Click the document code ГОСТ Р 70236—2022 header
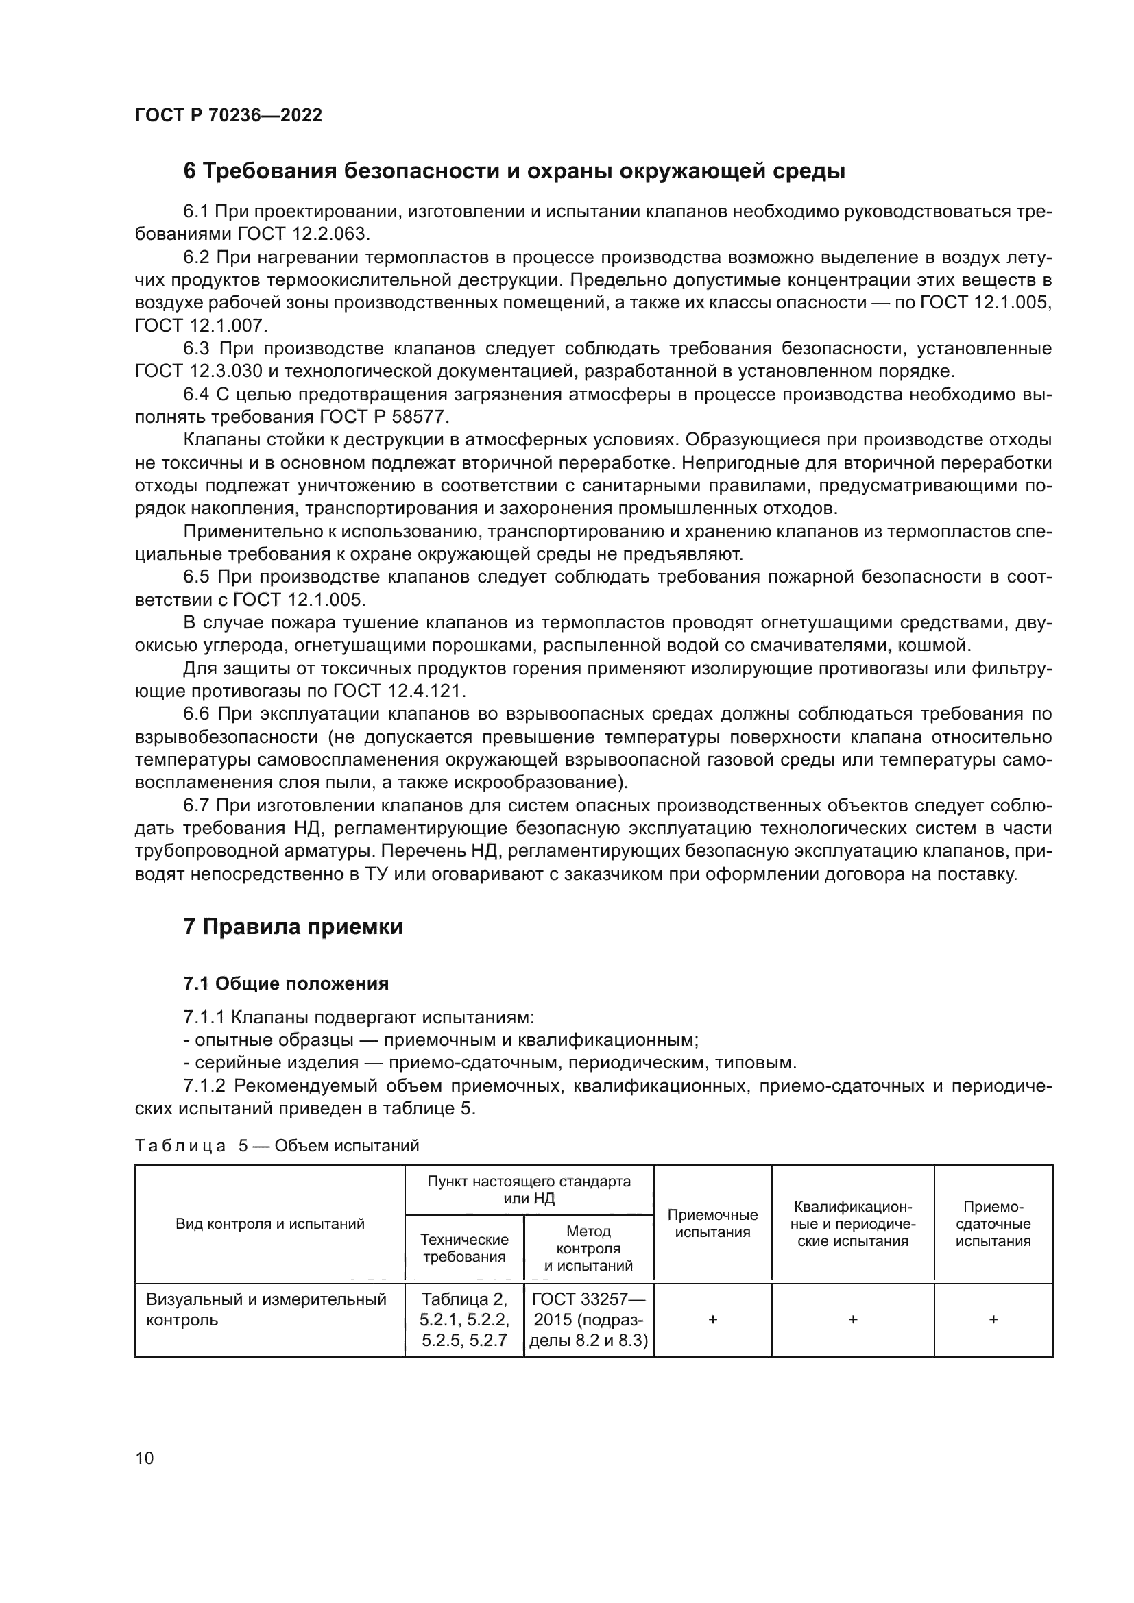228,116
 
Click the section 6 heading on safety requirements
514,171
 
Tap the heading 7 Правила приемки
293,927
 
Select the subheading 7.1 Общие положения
286,983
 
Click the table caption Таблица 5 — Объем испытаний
276,1146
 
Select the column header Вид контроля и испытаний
269,1223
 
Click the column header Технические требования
464,1247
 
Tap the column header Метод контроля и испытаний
589,1247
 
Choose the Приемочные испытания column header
712,1223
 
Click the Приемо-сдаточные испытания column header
993,1223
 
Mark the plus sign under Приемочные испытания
712,1319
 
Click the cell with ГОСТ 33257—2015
589,1319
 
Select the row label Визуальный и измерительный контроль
266,1309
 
